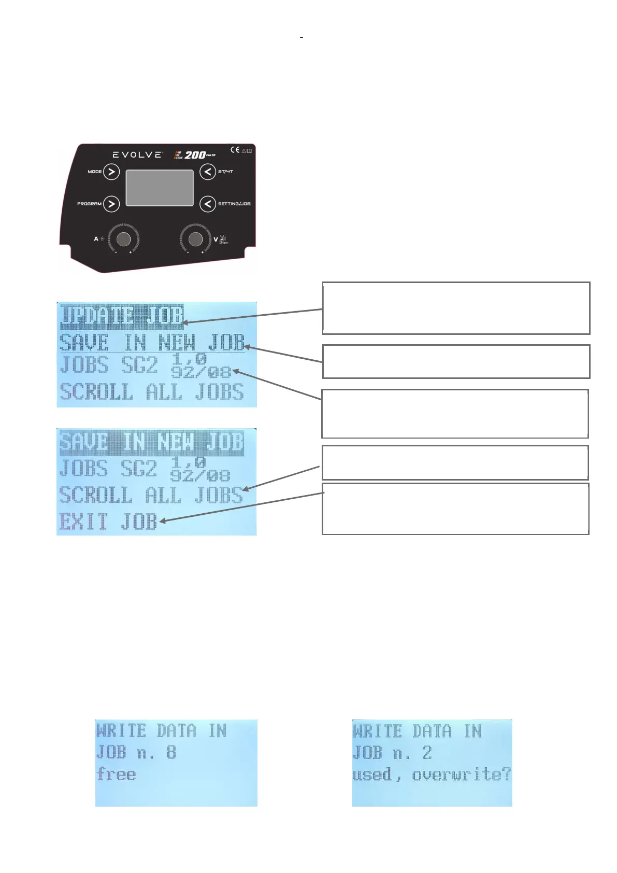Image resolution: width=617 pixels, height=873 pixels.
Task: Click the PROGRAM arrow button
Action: tap(111, 204)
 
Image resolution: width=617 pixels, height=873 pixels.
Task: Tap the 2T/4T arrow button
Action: tap(208, 172)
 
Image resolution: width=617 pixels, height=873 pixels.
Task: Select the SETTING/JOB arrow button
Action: tap(208, 204)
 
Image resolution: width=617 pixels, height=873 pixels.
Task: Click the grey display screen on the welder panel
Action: tap(160, 187)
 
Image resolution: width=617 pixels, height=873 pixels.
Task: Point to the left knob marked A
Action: tap(124, 239)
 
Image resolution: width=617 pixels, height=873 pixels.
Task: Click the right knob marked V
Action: tap(195, 239)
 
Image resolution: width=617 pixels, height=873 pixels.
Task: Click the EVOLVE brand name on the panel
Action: tap(137, 154)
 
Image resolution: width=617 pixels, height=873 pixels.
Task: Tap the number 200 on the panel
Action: tap(195, 154)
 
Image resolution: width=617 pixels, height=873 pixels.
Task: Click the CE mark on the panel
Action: tap(235, 150)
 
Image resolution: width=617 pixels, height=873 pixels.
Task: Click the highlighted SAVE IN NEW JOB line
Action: tap(151, 442)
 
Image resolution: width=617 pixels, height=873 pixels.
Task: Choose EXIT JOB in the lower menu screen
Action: tap(108, 521)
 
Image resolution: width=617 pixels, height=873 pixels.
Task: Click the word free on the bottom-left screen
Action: tap(116, 775)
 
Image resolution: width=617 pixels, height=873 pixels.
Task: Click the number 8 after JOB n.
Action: tap(171, 752)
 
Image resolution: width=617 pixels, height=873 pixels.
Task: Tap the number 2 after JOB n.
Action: tap(427, 752)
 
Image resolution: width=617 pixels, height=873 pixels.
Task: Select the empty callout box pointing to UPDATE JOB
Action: tap(456, 308)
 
